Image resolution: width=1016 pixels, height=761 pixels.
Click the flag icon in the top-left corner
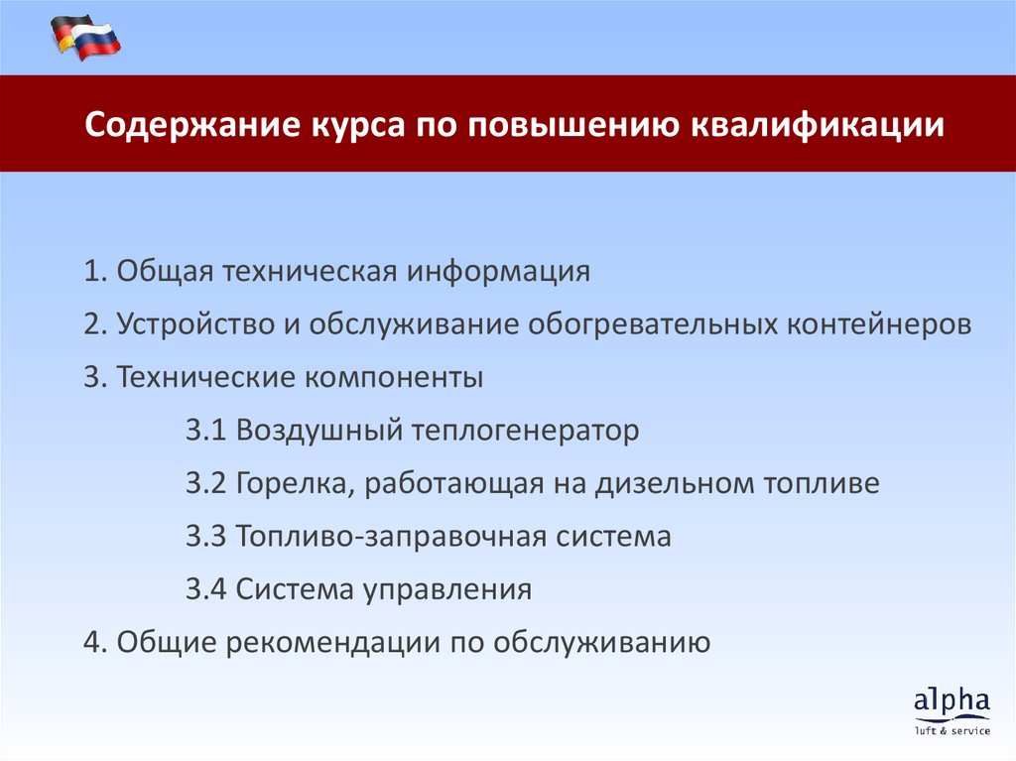coord(85,38)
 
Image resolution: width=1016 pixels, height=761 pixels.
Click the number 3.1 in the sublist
coord(206,431)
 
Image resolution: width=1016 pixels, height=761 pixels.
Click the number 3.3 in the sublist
coord(206,537)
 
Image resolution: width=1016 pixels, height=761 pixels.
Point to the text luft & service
coord(952,731)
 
